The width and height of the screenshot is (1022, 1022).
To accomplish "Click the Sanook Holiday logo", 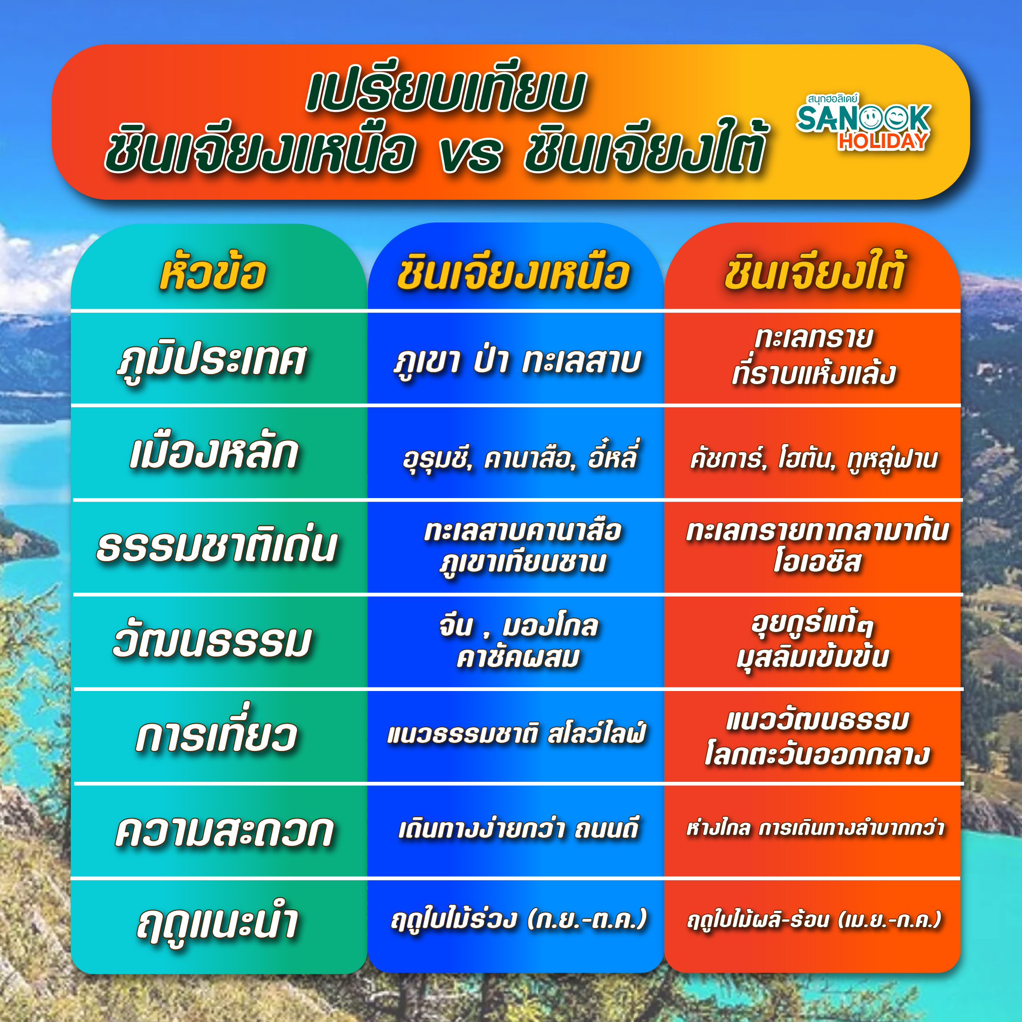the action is pyautogui.click(x=863, y=122).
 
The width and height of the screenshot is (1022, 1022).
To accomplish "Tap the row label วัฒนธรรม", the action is pyautogui.click(x=212, y=641).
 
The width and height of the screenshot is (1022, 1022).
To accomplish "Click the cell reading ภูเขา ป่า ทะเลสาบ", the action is pyautogui.click(x=517, y=361).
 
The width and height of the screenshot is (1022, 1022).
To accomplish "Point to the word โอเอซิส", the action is pyautogui.click(x=818, y=561).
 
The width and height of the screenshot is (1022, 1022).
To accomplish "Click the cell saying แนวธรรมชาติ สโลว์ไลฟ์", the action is pyautogui.click(x=516, y=734).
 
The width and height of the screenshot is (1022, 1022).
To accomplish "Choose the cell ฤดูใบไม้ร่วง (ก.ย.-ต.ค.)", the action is pyautogui.click(x=518, y=919).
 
